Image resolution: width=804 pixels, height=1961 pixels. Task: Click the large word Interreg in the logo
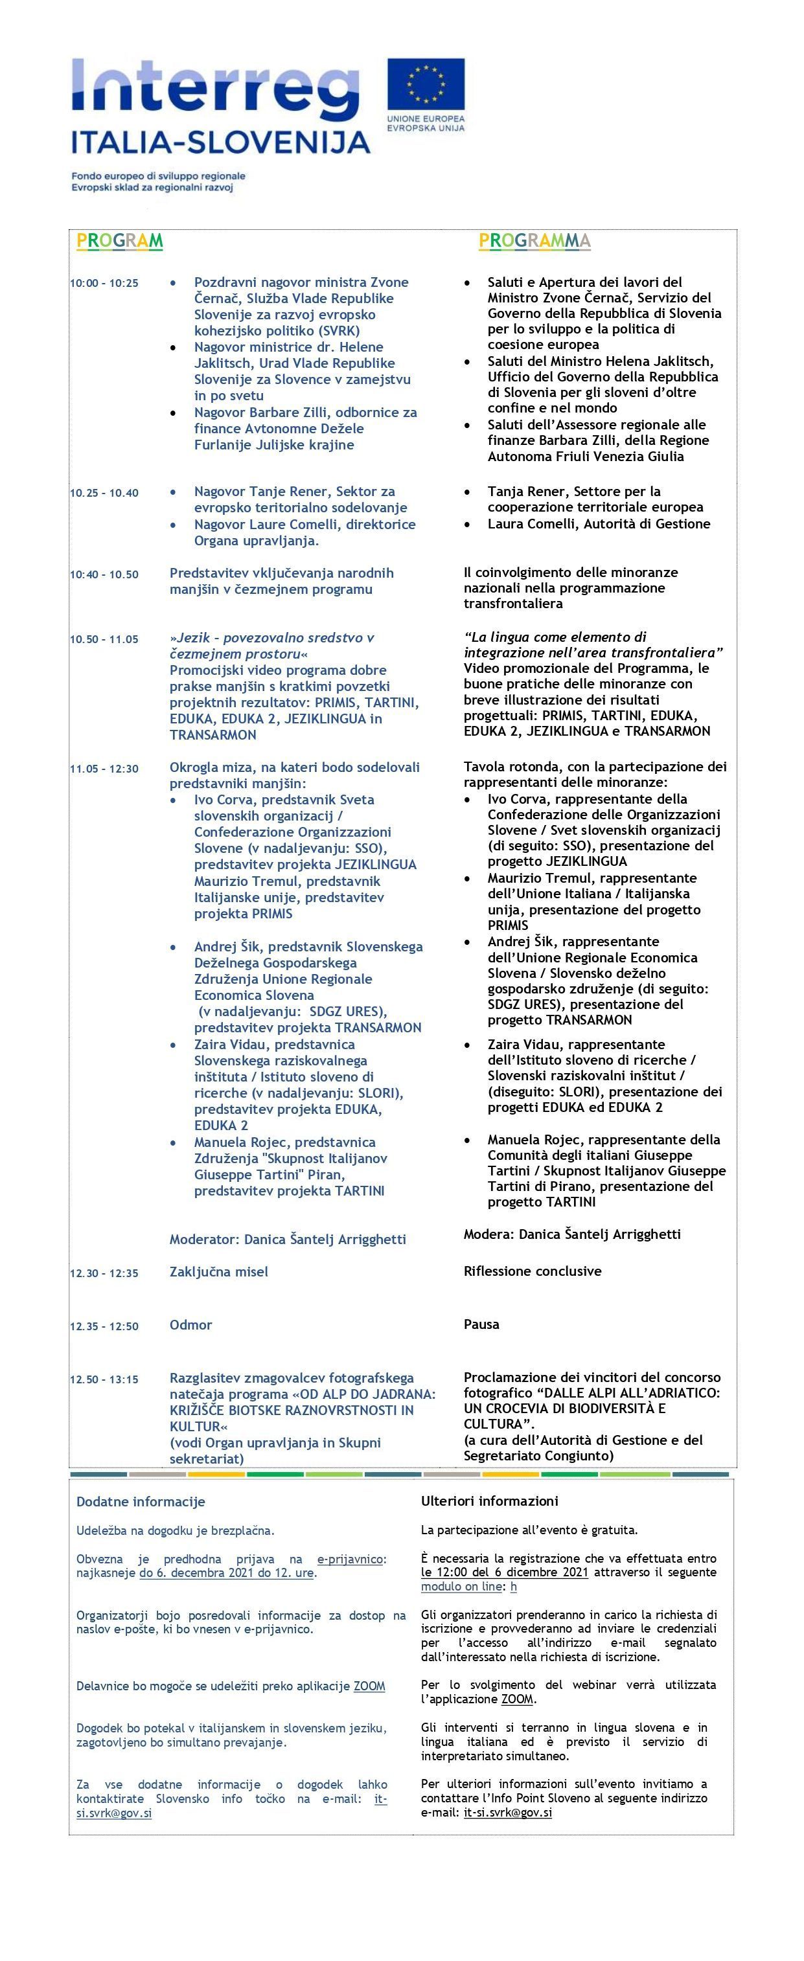216,86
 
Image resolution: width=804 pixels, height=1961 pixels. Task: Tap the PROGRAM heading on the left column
121,242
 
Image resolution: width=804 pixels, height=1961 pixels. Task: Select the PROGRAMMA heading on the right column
534,242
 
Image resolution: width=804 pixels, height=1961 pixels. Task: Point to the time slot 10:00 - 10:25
104,283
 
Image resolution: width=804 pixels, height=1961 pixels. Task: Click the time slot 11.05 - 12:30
104,769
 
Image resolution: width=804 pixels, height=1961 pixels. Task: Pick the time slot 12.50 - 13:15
104,1379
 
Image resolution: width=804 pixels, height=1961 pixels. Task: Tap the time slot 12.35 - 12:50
104,1326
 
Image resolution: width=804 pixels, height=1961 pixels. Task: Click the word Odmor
190,1324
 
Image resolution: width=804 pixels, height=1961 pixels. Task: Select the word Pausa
481,1324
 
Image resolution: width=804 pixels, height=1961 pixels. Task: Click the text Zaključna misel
218,1271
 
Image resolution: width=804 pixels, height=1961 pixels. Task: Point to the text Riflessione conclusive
532,1271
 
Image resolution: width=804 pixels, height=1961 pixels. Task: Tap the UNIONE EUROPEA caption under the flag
426,120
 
